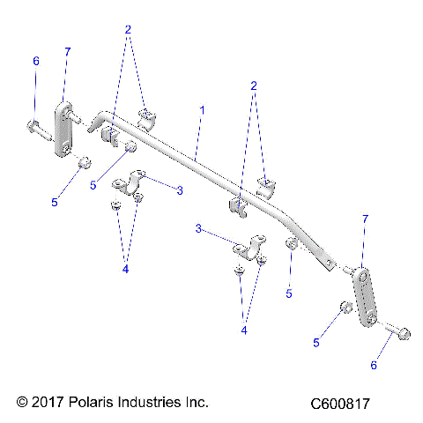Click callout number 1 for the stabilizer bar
(202, 110)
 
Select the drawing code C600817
(339, 403)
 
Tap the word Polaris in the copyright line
(90, 402)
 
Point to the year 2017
(46, 402)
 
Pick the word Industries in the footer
(149, 402)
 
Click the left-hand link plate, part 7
(64, 130)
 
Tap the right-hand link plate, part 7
(365, 295)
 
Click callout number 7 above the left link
(67, 52)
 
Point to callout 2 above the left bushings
(128, 29)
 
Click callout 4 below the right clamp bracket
(245, 330)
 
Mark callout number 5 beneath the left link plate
(54, 202)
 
